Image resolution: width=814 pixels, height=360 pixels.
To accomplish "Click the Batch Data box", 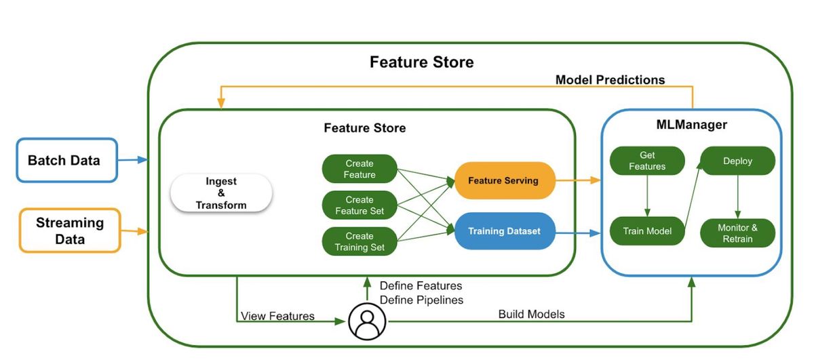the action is tap(67, 160).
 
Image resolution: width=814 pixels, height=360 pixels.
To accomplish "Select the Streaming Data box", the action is tap(70, 231).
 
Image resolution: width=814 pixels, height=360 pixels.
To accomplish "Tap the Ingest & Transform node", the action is tap(221, 193).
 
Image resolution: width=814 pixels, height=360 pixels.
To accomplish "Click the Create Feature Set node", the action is tap(360, 205).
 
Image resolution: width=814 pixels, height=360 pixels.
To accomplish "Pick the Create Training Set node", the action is tap(360, 241).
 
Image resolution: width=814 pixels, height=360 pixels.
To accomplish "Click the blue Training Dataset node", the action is tap(505, 231).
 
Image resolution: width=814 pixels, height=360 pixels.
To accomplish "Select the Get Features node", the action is tap(647, 161).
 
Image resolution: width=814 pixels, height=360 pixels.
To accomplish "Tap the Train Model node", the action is tap(647, 231).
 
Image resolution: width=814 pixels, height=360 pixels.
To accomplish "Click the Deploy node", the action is tap(738, 161).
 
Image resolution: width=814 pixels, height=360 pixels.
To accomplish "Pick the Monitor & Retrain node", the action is tap(738, 233).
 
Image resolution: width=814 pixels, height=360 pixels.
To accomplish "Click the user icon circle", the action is tap(367, 321).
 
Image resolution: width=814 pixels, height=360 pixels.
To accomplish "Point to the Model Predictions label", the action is tap(610, 80).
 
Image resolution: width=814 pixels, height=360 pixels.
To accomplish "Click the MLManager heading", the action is tap(691, 125).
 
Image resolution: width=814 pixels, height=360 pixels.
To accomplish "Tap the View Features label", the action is tap(277, 316).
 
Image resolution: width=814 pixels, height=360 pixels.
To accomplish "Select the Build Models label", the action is tap(531, 314).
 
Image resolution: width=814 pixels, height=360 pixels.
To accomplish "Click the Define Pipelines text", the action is tap(421, 300).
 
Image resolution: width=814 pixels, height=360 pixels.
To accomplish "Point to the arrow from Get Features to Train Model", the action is tap(647, 196).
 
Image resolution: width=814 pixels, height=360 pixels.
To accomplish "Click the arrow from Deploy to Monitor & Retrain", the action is tap(738, 197).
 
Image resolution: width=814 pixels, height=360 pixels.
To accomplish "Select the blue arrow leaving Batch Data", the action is tap(133, 160).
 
